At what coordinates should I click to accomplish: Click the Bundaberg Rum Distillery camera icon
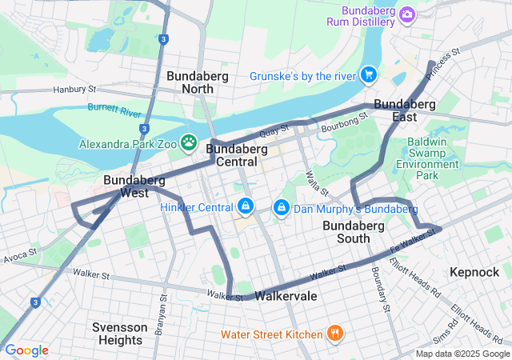407,14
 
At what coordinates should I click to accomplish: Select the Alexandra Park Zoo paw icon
189,144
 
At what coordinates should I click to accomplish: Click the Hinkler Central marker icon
245,207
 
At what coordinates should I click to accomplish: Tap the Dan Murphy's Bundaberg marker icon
281,208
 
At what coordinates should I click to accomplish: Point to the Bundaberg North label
198,82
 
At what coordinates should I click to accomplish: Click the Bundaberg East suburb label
405,110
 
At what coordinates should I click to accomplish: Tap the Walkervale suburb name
286,296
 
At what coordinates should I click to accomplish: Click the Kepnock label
474,272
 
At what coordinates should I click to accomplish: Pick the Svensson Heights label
118,334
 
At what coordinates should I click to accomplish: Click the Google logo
26,350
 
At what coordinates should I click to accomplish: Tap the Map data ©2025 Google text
461,354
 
